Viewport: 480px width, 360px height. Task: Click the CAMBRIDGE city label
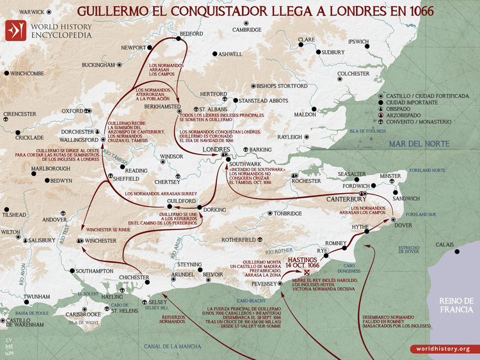tap(247, 30)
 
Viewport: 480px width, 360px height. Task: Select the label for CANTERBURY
tap(346, 200)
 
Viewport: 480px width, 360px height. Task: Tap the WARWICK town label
tap(30, 12)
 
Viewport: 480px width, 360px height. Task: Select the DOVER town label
tap(403, 225)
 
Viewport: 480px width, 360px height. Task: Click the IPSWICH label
tap(359, 42)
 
